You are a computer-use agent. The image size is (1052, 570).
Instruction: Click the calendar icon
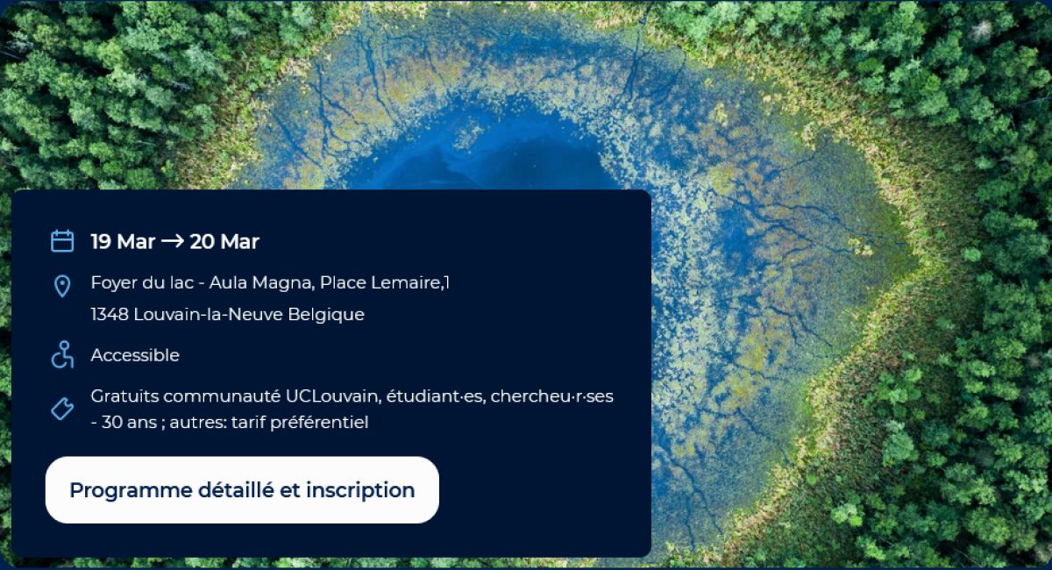coord(62,241)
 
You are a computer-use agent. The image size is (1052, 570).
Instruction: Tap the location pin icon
coord(62,286)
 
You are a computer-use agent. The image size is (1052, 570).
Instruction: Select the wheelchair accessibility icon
coord(62,355)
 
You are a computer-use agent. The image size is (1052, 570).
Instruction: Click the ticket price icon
coord(62,409)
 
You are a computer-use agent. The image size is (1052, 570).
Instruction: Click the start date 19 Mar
coord(123,241)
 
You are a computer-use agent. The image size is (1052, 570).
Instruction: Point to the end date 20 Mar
coord(224,241)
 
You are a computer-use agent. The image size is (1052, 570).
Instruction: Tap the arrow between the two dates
coord(173,241)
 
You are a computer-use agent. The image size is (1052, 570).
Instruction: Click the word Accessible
coord(135,355)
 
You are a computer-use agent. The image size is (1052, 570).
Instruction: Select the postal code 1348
coord(110,314)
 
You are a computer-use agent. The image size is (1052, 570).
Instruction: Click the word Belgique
coord(326,314)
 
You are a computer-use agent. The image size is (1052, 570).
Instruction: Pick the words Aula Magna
coord(261,282)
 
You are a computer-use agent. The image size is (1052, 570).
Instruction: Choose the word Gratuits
coord(124,396)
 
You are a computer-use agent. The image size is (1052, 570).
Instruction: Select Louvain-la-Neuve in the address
coord(208,314)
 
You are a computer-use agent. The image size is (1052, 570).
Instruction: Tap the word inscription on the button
coord(360,490)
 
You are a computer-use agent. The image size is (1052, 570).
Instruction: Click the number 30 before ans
coord(112,423)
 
